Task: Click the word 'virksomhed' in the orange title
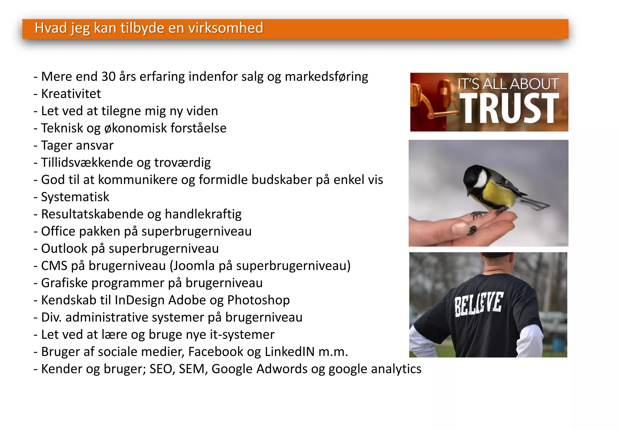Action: pyautogui.click(x=226, y=28)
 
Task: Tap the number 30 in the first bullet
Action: pyautogui.click(x=109, y=77)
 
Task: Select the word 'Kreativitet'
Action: pyautogui.click(x=71, y=94)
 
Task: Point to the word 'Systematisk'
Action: pyautogui.click(x=75, y=197)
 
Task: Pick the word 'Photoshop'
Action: pyautogui.click(x=258, y=300)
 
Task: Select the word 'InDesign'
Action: pyautogui.click(x=139, y=300)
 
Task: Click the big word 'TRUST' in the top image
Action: pyautogui.click(x=509, y=108)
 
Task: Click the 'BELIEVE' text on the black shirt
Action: pyautogui.click(x=479, y=304)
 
